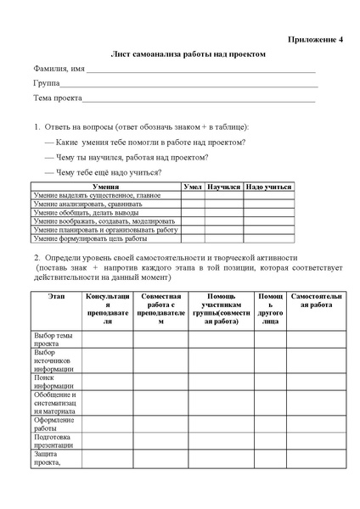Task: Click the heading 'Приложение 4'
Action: (x=317, y=40)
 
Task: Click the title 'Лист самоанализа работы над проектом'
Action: (x=188, y=53)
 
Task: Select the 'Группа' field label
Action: (x=47, y=84)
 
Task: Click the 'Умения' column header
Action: (x=106, y=186)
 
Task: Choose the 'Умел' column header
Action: (x=193, y=186)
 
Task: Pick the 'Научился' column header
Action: (x=224, y=186)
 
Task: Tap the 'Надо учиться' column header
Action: (x=268, y=186)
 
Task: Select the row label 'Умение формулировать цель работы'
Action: (x=90, y=238)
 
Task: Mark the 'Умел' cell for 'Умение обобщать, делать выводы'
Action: (x=193, y=212)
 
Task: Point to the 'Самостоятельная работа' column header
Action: (x=317, y=300)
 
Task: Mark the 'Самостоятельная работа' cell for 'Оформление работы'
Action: (x=317, y=423)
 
